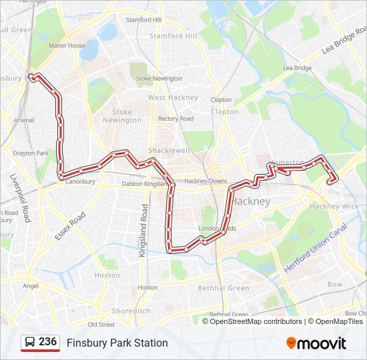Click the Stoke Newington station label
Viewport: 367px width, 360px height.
[159, 78]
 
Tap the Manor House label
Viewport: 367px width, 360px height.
[67, 46]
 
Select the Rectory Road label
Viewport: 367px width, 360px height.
[175, 119]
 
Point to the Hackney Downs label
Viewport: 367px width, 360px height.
[206, 181]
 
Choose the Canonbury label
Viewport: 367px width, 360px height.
[80, 181]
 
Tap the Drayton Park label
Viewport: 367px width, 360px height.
[31, 153]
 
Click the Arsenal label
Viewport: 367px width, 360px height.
[23, 120]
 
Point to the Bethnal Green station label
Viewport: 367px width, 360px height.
[229, 315]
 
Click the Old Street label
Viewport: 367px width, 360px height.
[101, 325]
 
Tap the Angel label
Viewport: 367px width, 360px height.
[31, 286]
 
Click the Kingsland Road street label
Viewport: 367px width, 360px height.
[143, 231]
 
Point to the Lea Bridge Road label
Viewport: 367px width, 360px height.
[344, 41]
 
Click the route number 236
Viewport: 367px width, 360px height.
[47, 342]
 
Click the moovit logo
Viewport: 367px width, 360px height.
[316, 343]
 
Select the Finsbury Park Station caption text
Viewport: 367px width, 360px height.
[117, 343]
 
